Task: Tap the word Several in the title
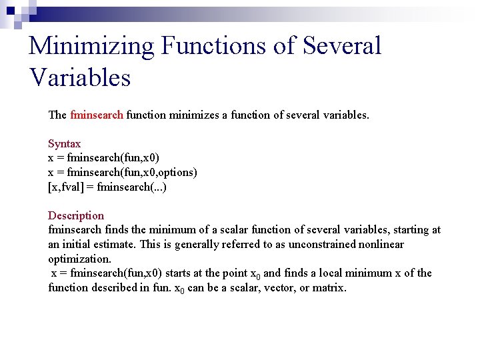click(x=341, y=46)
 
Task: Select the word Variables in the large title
click(x=80, y=78)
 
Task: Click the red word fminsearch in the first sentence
click(x=96, y=115)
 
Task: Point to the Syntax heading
click(x=64, y=143)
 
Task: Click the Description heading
click(x=76, y=215)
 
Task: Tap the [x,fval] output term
click(x=65, y=187)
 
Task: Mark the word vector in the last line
click(x=280, y=287)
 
